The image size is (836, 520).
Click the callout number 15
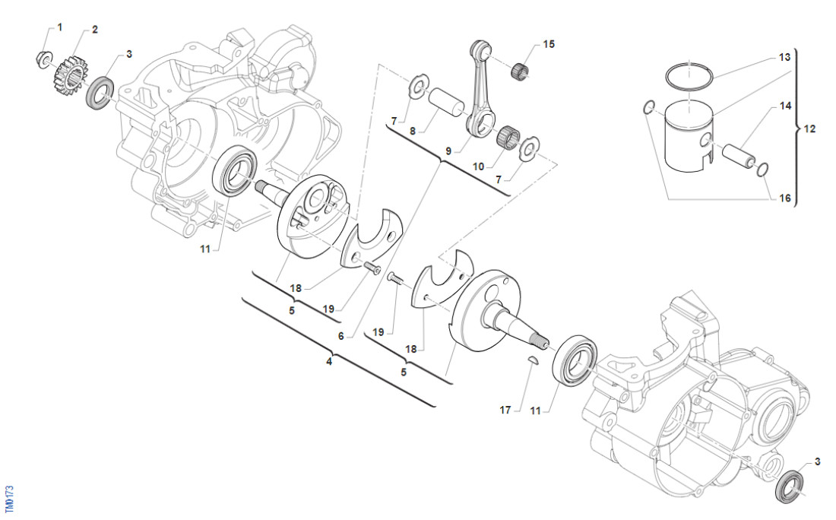549,44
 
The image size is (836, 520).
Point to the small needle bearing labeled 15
521,68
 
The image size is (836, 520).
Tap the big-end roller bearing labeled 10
506,138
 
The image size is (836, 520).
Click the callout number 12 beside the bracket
809,128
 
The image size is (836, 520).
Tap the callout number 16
785,198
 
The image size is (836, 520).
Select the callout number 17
505,411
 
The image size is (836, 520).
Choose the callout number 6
341,336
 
